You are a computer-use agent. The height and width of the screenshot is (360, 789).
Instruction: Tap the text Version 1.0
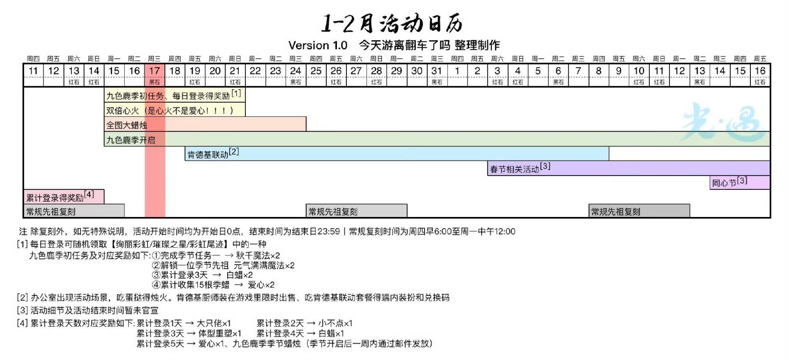(x=318, y=45)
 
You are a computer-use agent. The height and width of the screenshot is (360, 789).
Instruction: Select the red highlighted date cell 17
(x=155, y=71)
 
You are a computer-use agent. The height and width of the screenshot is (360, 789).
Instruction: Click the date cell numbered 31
(x=436, y=71)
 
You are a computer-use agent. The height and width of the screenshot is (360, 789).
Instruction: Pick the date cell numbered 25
(x=316, y=71)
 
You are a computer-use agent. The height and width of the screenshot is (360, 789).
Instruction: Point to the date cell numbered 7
(x=578, y=71)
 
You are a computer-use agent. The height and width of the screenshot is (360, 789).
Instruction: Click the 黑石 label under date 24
(x=295, y=82)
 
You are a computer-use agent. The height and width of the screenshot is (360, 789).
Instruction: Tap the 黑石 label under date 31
(x=437, y=82)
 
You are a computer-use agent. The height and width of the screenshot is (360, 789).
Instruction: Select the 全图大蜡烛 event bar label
(x=127, y=125)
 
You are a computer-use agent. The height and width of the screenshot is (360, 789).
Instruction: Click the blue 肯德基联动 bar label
(x=208, y=155)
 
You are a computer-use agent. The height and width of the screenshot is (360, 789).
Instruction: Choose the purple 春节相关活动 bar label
(x=514, y=169)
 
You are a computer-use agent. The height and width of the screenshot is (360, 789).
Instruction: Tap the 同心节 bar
(x=740, y=182)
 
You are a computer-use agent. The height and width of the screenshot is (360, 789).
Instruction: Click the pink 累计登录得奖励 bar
(x=64, y=197)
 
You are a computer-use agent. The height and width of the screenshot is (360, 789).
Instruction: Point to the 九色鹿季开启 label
(x=131, y=140)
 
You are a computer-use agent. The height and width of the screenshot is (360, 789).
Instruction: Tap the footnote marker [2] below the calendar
(x=22, y=298)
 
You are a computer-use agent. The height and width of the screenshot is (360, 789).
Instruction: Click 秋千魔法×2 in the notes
(x=258, y=255)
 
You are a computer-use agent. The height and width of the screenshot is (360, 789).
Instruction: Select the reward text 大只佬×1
(x=214, y=323)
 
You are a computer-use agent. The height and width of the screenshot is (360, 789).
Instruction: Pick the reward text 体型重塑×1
(x=220, y=333)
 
